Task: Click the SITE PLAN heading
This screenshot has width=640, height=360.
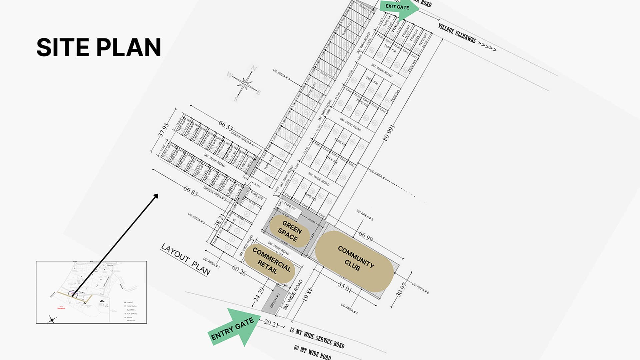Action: tap(99, 47)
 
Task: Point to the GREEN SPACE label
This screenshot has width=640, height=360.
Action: tap(290, 231)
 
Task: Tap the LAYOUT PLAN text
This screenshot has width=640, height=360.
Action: tap(186, 260)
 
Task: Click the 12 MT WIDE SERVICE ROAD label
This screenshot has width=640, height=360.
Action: tap(317, 337)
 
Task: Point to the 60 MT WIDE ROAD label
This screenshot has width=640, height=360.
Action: tap(312, 352)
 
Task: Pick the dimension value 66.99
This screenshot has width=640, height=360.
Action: tap(365, 236)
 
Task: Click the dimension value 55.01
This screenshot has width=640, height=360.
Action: tap(344, 287)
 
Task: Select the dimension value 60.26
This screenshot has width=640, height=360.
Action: tap(239, 270)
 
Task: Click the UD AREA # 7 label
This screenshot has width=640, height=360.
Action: tap(349, 309)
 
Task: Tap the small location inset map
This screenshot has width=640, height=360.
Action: tap(91, 292)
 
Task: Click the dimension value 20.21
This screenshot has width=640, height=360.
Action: tap(271, 323)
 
